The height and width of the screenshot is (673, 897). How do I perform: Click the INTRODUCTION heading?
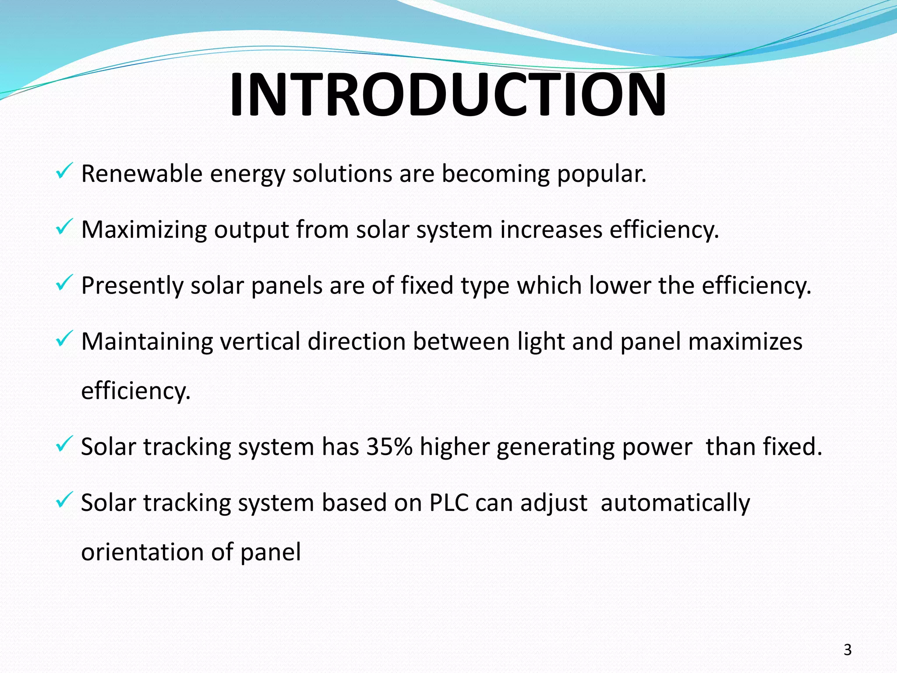448,95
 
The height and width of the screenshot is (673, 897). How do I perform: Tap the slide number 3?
848,650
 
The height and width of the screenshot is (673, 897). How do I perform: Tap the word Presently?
132,286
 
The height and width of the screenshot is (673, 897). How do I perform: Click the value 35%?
389,447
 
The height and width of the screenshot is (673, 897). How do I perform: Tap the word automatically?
675,503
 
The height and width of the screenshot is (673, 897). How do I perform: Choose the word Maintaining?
147,342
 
